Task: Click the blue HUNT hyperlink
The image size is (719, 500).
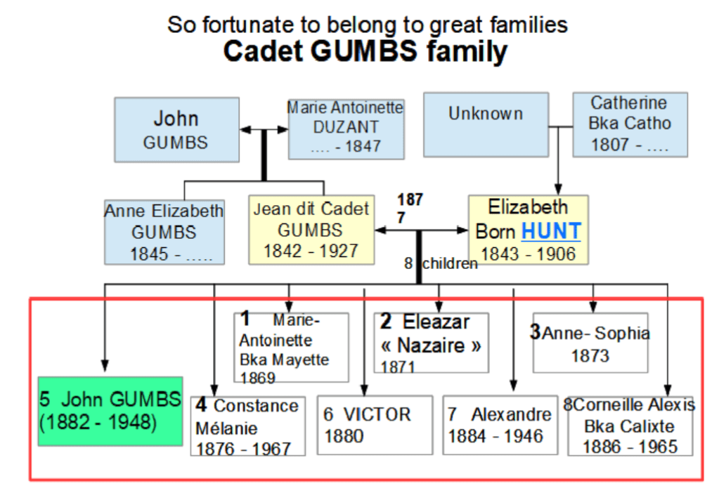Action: pos(551,231)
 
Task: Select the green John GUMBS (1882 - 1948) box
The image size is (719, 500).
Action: pos(110,411)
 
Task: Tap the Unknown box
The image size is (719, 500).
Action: pos(486,124)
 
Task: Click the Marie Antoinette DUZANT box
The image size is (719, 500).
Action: pos(346,129)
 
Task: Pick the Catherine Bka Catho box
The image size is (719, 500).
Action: pos(630,124)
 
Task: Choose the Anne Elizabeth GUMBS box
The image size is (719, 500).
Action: pos(164,232)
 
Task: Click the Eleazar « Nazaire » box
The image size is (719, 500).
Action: pos(431,343)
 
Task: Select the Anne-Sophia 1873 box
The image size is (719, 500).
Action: pos(590,343)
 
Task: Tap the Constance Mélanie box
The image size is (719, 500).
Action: pos(247,426)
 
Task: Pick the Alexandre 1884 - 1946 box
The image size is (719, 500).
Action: pos(499,425)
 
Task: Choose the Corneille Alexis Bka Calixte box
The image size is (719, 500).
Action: pos(630,425)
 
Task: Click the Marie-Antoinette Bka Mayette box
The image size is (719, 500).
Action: pos(291,348)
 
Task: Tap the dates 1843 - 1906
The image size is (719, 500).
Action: pos(528,254)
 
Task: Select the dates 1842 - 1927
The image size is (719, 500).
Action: pos(311,250)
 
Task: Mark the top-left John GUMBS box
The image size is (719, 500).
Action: pos(176,129)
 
